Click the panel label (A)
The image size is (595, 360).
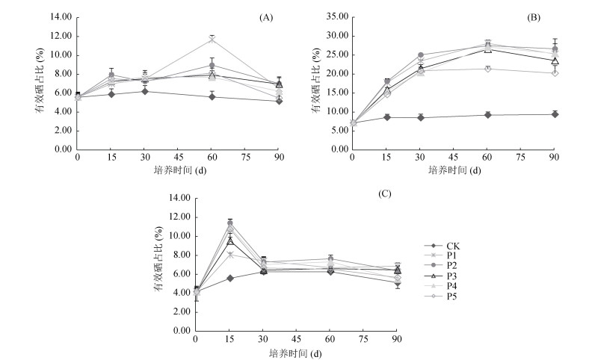click(x=265, y=17)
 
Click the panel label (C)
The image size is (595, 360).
click(x=406, y=194)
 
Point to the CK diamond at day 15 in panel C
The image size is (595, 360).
click(x=231, y=278)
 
